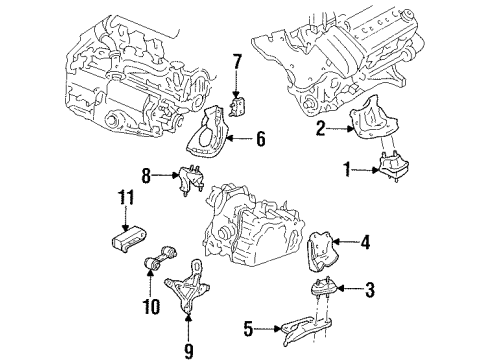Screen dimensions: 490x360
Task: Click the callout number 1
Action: click(x=347, y=169)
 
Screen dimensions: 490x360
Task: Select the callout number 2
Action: click(x=320, y=128)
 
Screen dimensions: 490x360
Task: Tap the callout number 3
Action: click(x=370, y=290)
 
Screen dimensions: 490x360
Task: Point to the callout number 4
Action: click(x=366, y=242)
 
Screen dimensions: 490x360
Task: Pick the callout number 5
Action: click(x=249, y=329)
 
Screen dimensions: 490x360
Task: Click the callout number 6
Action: click(x=261, y=139)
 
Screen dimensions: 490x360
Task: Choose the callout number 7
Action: click(x=237, y=61)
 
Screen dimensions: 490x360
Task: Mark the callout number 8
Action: click(x=146, y=176)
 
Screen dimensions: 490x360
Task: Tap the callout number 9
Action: click(x=189, y=350)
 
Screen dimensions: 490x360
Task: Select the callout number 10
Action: click(x=151, y=306)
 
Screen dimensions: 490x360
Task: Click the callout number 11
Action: click(x=126, y=197)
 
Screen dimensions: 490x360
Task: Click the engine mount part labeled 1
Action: click(x=394, y=166)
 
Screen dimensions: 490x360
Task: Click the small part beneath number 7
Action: click(x=238, y=105)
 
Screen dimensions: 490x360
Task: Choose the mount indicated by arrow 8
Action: click(x=191, y=180)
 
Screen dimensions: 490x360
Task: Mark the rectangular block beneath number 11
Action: click(x=128, y=240)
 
